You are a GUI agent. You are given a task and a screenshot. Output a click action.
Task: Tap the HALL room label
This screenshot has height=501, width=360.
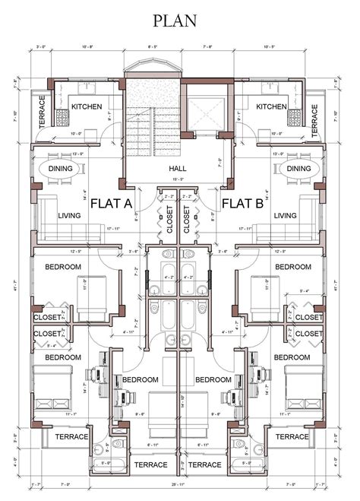click(x=179, y=169)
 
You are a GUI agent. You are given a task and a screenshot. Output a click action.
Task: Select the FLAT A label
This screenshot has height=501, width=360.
click(x=112, y=204)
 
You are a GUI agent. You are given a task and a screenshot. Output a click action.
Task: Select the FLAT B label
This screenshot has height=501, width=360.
click(x=242, y=204)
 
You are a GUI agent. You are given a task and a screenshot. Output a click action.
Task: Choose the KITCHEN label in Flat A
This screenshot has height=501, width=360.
click(x=87, y=107)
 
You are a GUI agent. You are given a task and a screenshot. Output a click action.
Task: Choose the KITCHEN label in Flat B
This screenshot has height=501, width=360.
click(x=272, y=107)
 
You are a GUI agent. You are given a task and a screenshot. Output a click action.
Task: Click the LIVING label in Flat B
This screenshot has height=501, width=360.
click(x=286, y=216)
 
